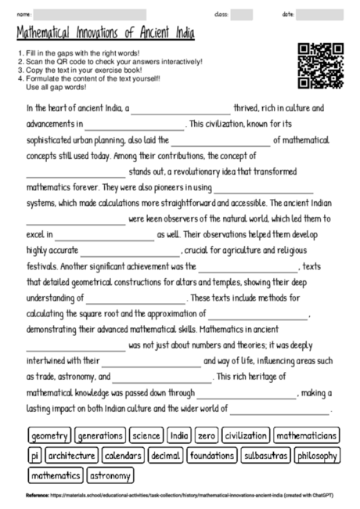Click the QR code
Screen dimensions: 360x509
(x=321, y=66)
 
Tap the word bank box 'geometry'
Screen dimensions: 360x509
(x=50, y=435)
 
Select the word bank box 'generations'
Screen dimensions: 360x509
(x=100, y=435)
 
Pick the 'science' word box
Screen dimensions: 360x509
(x=146, y=435)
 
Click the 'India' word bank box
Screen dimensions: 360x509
(x=179, y=435)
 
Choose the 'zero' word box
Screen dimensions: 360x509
(x=207, y=435)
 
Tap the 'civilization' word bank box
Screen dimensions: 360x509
(x=246, y=435)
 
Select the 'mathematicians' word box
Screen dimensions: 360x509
(x=306, y=435)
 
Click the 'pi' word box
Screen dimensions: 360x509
(x=34, y=455)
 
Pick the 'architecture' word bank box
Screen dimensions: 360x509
(x=71, y=455)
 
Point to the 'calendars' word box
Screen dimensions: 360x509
(x=123, y=455)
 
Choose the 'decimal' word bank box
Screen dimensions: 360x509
(x=165, y=455)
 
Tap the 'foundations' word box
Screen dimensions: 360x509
(x=211, y=455)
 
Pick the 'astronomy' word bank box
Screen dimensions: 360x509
(x=110, y=475)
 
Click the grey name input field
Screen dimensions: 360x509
(x=91, y=14)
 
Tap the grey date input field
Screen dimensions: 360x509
(x=319, y=14)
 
